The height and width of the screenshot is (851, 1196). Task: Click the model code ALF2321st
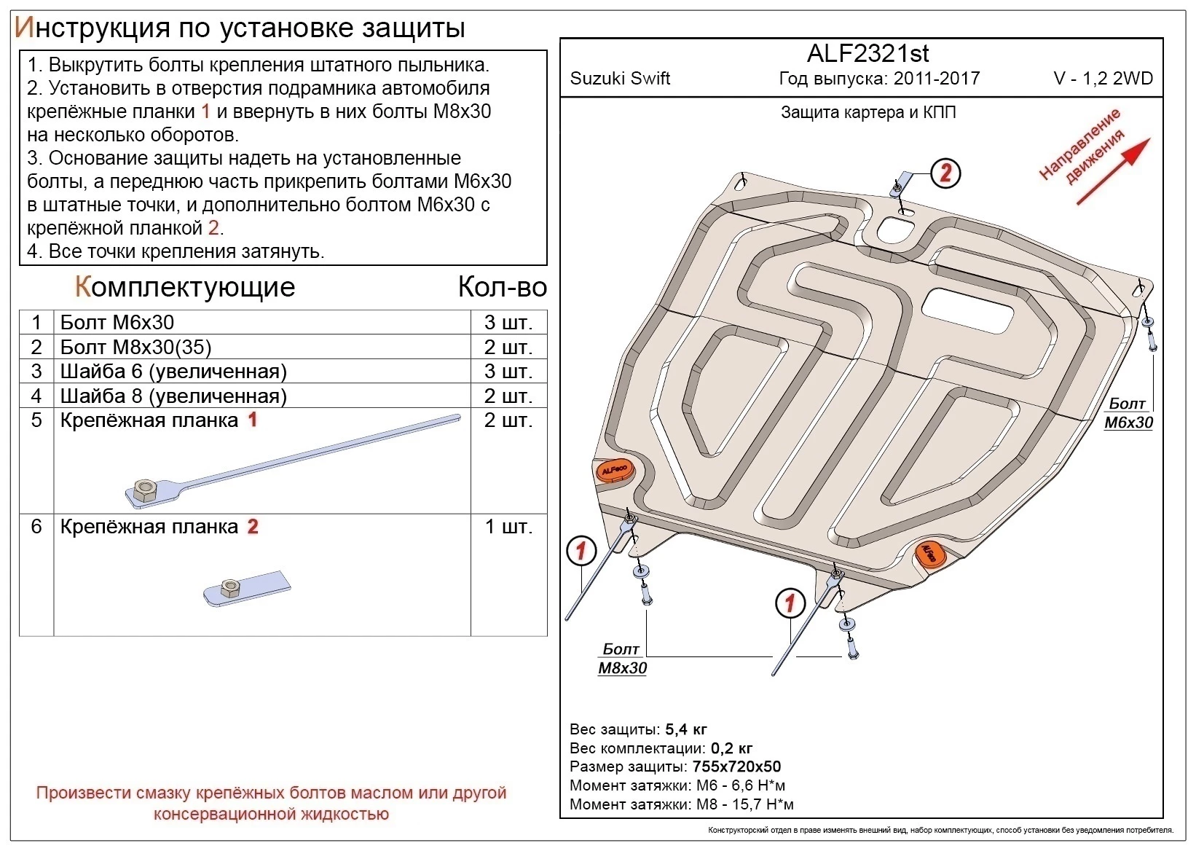tap(868, 53)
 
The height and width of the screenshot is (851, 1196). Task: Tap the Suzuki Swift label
tap(620, 79)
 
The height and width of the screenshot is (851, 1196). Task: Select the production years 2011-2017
tap(937, 79)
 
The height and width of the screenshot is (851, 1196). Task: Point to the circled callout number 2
tap(945, 173)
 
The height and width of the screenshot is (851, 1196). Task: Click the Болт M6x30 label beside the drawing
tap(1128, 413)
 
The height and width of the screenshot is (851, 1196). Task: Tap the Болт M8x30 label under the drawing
tap(622, 659)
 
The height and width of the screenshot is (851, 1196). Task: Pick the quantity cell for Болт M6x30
tap(508, 323)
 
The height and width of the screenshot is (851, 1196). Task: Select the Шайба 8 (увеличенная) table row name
tap(173, 396)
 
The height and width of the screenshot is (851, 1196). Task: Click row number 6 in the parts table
tap(36, 526)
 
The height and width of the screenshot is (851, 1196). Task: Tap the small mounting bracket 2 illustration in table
tap(247, 589)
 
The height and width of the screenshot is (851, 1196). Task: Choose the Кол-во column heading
tap(502, 287)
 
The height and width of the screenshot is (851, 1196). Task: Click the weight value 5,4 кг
tap(686, 729)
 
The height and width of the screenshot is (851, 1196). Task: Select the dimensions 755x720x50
tap(736, 766)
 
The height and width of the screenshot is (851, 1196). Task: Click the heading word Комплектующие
tap(185, 287)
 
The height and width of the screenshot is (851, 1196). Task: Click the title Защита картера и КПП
tap(868, 112)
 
